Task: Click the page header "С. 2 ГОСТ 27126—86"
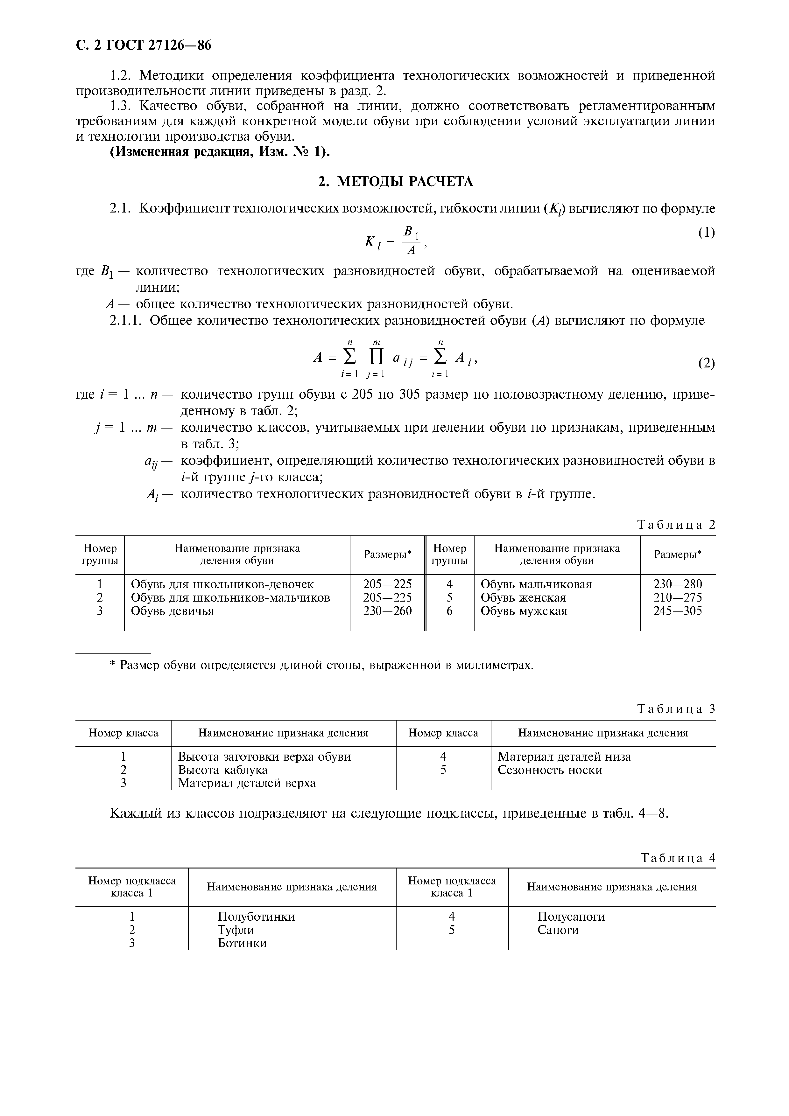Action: [x=144, y=45]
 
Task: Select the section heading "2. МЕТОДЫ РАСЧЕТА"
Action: [x=395, y=181]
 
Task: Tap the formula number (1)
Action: [x=706, y=233]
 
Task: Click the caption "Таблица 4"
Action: [x=678, y=858]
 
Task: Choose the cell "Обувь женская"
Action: [x=523, y=597]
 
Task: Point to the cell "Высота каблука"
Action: [x=223, y=770]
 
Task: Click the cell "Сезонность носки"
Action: [x=550, y=770]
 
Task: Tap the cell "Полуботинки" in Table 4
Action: [x=256, y=916]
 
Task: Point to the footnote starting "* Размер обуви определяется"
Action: [x=322, y=665]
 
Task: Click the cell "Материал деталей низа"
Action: [x=564, y=757]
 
